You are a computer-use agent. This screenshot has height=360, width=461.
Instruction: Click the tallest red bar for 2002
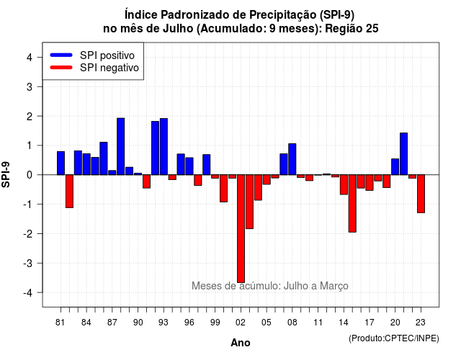(241, 229)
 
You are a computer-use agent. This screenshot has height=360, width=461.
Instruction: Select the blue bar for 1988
(120, 146)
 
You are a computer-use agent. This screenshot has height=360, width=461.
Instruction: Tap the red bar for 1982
(69, 192)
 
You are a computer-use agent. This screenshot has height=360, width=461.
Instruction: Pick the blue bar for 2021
(403, 153)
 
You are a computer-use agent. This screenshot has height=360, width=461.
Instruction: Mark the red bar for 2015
(352, 203)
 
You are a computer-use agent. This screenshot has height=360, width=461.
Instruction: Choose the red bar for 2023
(421, 194)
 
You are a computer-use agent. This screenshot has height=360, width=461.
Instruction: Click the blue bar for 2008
(292, 159)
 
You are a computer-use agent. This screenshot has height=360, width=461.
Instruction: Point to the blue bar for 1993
(164, 147)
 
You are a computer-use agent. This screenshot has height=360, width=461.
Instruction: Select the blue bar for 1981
(61, 163)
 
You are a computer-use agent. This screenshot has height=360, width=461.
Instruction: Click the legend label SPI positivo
(107, 55)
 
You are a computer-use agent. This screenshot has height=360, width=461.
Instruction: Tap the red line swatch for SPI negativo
(61, 68)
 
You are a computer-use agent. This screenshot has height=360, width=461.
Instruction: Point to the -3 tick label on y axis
(28, 263)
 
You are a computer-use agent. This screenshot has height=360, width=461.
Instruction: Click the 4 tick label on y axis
(30, 57)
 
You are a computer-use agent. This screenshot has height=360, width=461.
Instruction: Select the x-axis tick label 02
(240, 323)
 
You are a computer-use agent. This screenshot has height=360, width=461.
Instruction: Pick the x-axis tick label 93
(164, 323)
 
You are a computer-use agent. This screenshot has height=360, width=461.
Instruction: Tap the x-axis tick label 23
(421, 323)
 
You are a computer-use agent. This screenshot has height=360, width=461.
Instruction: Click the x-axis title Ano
(241, 343)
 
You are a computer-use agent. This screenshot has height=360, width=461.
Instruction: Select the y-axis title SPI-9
(6, 174)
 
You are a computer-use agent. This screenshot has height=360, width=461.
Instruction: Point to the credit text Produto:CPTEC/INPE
(394, 338)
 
